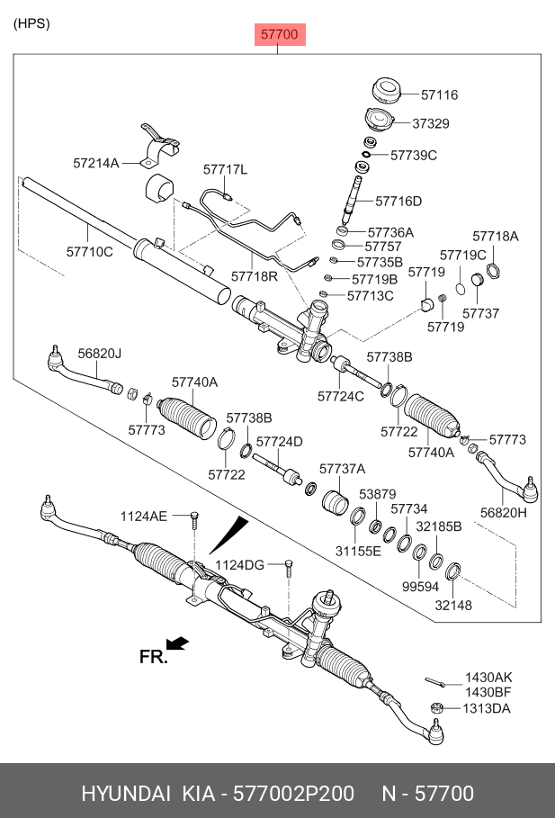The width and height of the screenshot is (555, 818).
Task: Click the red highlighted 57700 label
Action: click(279, 35)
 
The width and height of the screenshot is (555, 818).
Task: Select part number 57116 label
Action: click(440, 94)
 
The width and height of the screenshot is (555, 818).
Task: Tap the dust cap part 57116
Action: click(386, 92)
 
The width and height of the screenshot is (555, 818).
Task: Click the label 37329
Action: click(431, 123)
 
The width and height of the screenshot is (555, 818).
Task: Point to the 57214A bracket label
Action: click(96, 163)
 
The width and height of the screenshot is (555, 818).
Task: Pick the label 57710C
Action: click(90, 251)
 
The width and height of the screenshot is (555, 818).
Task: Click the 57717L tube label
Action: click(225, 169)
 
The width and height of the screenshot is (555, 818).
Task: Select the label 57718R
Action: click(255, 276)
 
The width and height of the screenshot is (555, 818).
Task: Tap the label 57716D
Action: click(398, 201)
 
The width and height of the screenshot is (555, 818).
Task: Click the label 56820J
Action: click(99, 354)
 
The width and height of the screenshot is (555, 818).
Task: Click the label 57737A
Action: click(342, 469)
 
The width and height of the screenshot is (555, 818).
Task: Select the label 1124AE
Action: click(144, 516)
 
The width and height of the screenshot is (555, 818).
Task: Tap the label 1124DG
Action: click(240, 564)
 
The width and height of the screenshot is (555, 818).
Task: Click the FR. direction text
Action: click(154, 658)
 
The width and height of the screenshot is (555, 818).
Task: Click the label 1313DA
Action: click(487, 708)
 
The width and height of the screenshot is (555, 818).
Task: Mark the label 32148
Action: click(452, 606)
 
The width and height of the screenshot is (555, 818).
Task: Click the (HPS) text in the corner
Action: click(31, 23)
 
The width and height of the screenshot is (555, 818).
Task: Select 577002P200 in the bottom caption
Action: click(298, 794)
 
